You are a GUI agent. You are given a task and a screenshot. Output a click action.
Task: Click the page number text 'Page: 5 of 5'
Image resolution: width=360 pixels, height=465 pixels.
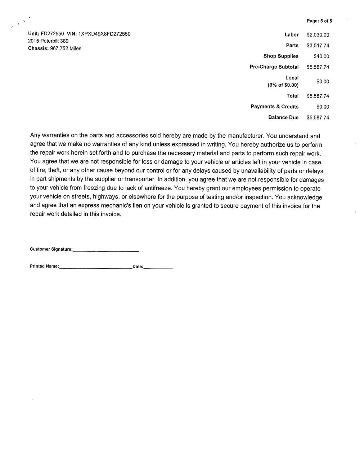(319, 21)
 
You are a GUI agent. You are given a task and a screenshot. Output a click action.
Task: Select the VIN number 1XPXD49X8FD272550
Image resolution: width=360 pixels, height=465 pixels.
(104, 34)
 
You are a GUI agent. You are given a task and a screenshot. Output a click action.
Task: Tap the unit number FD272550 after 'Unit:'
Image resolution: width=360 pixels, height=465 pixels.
(53, 34)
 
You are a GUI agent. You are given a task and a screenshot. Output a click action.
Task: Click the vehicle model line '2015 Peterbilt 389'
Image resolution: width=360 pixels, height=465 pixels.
(48, 41)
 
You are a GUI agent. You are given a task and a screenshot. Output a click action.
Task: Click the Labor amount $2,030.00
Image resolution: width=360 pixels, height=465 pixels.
(318, 35)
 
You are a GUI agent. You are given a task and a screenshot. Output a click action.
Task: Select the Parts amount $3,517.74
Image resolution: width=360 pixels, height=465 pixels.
(318, 46)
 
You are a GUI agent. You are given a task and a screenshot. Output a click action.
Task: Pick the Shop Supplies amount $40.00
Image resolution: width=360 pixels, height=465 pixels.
(321, 56)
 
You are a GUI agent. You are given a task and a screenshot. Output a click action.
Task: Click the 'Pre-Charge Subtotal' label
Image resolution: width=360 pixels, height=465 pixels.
(274, 67)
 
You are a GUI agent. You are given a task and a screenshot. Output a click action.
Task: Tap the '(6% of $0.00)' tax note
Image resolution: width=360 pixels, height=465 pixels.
(283, 85)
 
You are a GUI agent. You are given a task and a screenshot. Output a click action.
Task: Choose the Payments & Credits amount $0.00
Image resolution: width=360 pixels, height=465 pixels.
(323, 107)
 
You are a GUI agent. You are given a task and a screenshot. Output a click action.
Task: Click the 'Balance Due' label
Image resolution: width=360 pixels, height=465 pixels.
(283, 118)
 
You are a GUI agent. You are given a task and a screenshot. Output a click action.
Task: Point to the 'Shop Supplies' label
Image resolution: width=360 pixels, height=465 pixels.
(281, 56)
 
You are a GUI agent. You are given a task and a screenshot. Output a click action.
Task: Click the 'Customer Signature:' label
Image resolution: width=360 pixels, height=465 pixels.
(51, 249)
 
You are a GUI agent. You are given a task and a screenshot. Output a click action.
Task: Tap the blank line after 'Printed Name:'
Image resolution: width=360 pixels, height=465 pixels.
(95, 268)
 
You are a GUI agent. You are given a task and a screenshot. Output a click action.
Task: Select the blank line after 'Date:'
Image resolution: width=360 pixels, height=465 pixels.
(158, 268)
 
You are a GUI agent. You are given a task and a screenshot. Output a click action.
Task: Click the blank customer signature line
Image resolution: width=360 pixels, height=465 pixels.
(105, 251)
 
